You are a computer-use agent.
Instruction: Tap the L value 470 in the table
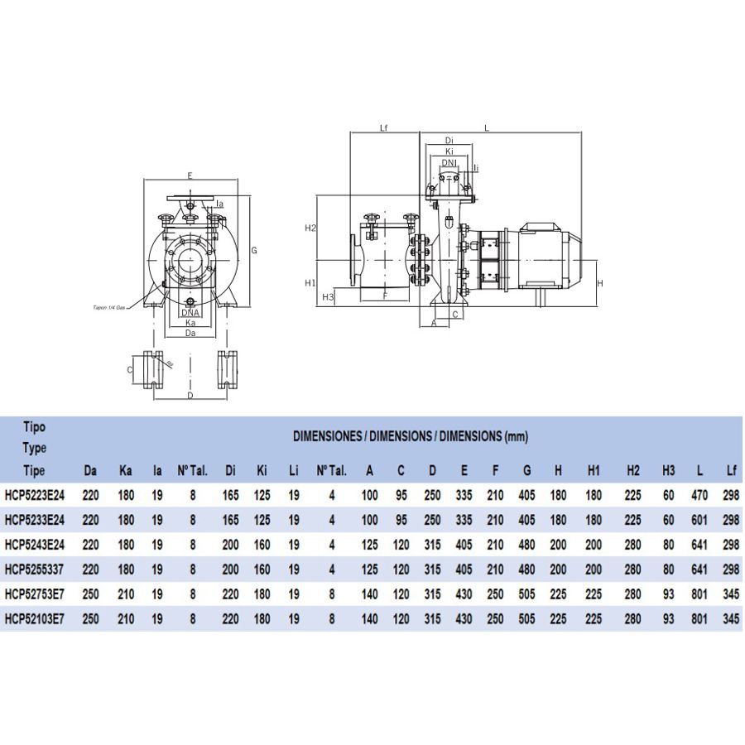click(700, 497)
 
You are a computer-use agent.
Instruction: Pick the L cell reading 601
click(700, 521)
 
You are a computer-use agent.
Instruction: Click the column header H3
click(669, 471)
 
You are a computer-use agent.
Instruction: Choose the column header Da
click(91, 471)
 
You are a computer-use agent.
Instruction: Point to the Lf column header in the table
click(731, 471)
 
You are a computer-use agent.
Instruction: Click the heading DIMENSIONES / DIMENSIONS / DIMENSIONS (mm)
click(411, 436)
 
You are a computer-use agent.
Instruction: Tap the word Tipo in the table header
click(34, 428)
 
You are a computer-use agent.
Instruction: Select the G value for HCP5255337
click(526, 570)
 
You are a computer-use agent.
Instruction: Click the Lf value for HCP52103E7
click(731, 618)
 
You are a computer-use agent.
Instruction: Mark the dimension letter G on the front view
click(255, 250)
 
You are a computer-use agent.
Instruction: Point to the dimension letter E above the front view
click(190, 175)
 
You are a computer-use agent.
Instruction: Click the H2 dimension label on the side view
click(310, 228)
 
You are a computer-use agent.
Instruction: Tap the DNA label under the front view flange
click(190, 313)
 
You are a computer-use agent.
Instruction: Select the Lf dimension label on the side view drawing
click(383, 128)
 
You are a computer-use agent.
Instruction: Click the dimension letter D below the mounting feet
click(190, 397)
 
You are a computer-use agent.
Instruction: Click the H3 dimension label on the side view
click(327, 296)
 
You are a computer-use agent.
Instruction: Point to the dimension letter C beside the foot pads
click(130, 370)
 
